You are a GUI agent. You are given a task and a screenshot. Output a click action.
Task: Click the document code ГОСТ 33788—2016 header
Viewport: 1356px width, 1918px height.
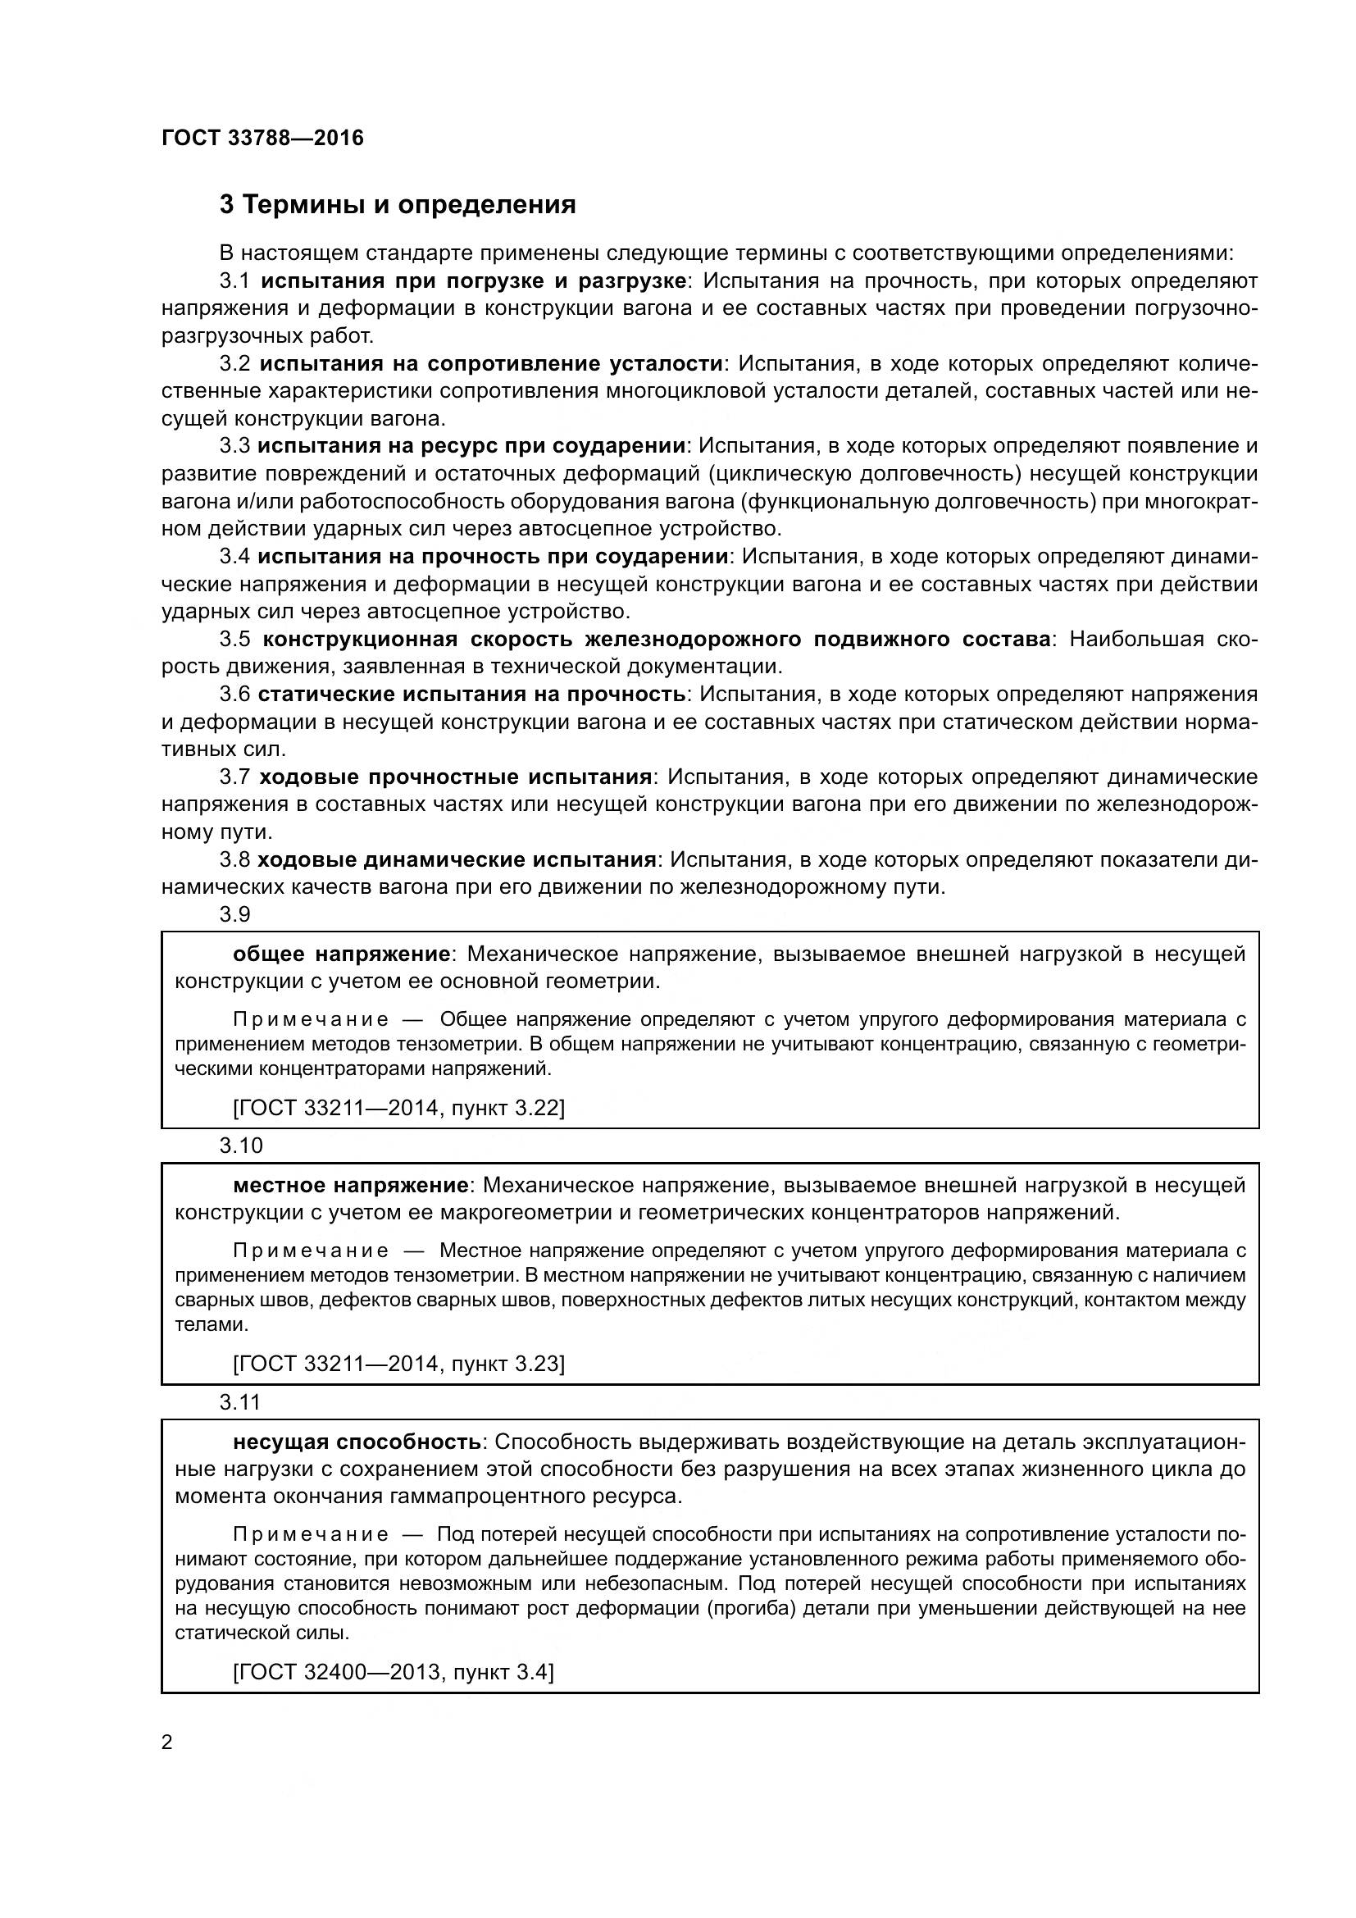point(262,138)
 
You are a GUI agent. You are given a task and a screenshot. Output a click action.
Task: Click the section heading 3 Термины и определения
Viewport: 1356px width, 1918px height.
point(398,205)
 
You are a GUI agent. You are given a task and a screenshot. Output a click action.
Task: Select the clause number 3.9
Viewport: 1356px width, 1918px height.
point(234,915)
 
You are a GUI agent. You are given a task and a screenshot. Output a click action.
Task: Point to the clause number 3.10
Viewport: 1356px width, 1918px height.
point(240,1146)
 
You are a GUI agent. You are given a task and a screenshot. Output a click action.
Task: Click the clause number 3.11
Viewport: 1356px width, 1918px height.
point(240,1401)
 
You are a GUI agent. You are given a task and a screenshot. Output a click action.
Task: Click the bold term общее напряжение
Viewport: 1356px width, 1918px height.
point(342,954)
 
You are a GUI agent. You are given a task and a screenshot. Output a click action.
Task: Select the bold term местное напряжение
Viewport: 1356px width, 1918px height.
point(351,1185)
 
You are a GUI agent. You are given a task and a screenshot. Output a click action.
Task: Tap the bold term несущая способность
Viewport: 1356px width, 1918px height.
point(357,1442)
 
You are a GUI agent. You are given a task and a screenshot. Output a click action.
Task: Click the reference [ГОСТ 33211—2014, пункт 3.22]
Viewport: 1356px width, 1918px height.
point(398,1108)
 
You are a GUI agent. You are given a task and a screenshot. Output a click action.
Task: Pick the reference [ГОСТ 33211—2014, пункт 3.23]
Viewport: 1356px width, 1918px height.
point(398,1364)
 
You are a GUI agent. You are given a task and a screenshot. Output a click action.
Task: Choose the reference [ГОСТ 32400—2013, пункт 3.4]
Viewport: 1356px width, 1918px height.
point(393,1671)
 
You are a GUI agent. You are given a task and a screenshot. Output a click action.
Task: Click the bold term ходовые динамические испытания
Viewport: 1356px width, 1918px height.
point(457,859)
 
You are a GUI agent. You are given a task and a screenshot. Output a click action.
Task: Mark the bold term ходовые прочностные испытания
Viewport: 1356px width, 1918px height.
point(455,777)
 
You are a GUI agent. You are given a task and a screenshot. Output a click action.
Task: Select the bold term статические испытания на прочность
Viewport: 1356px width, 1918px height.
point(471,695)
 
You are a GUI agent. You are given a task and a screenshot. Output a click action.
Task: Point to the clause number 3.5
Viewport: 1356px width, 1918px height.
point(234,639)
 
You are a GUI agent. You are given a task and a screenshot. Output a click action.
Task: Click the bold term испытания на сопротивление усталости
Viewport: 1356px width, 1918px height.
point(491,363)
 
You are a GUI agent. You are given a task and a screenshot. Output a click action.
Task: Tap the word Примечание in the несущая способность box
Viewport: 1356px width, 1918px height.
point(311,1534)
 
